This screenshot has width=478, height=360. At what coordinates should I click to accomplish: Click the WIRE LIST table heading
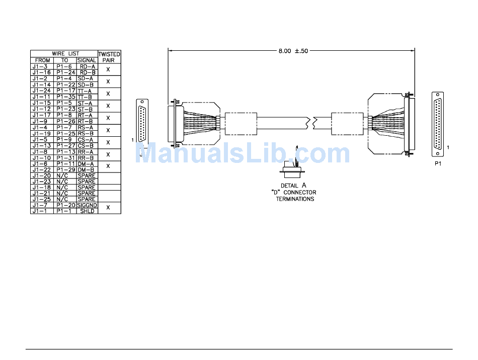tap(65, 54)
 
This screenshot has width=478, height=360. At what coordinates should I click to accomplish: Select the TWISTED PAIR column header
tap(109, 57)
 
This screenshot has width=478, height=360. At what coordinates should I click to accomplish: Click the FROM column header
tap(42, 60)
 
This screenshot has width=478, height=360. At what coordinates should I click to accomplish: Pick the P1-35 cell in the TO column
tap(65, 97)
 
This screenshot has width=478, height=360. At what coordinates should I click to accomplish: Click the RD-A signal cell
tap(87, 66)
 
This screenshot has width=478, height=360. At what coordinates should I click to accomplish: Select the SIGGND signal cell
tap(87, 205)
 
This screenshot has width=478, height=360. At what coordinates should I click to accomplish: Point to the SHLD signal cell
tap(87, 211)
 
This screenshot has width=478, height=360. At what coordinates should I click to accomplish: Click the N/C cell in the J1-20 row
tap(62, 176)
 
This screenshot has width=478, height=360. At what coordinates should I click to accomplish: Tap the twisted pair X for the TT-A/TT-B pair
tap(108, 94)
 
